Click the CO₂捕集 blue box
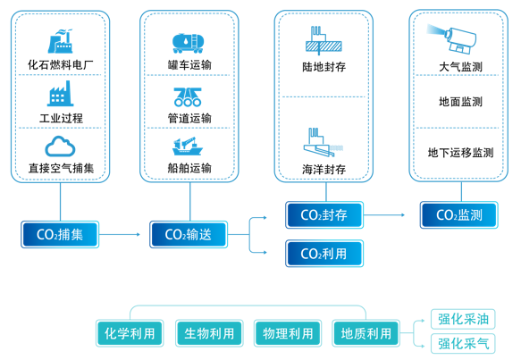click(x=60, y=235)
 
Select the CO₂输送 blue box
click(x=189, y=235)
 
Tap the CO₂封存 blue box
click(x=324, y=215)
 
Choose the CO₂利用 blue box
click(x=324, y=254)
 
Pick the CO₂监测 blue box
click(x=459, y=215)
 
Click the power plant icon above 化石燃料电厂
click(x=61, y=42)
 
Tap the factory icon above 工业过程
click(x=61, y=94)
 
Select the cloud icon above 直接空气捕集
click(x=61, y=146)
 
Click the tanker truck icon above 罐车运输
click(x=189, y=43)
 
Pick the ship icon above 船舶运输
click(x=189, y=146)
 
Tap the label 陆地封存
click(x=324, y=68)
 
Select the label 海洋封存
click(x=324, y=170)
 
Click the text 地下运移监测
click(x=459, y=153)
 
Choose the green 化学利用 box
click(x=130, y=334)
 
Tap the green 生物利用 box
click(x=209, y=334)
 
